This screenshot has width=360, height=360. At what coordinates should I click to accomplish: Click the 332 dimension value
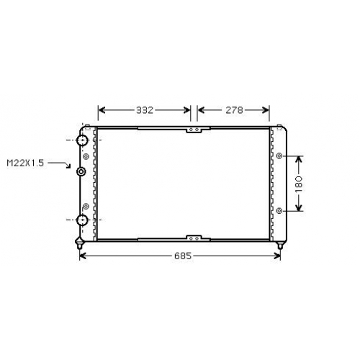(145, 110)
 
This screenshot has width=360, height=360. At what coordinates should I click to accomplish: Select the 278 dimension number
(234, 110)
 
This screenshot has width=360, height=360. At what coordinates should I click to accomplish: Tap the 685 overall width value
(183, 256)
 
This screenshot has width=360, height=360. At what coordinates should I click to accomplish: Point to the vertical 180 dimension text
(299, 184)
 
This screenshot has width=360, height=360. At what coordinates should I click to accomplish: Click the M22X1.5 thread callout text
(25, 163)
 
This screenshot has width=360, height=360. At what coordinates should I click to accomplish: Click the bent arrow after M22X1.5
(59, 165)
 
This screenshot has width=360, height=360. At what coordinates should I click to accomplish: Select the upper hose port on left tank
(82, 140)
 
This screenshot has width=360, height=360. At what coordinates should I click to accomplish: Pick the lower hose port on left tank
(82, 220)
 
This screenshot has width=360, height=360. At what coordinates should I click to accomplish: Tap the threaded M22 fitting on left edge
(81, 171)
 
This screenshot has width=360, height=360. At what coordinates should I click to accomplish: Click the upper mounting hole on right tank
(279, 156)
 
